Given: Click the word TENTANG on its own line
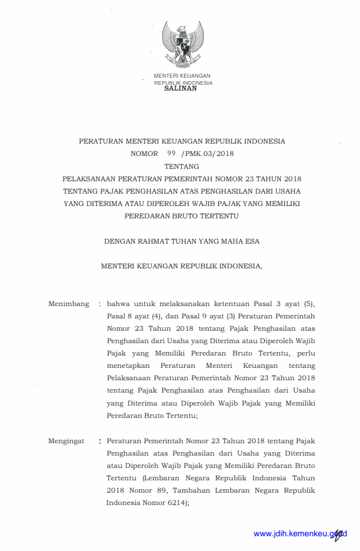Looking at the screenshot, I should [182, 166].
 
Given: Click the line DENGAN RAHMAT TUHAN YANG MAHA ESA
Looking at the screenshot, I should [182, 241].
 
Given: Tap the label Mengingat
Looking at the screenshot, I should [66, 440].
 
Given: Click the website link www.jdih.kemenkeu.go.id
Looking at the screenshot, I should [297, 533].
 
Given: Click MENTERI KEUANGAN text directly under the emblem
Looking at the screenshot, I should [182, 76].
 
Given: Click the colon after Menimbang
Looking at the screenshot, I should [100, 304].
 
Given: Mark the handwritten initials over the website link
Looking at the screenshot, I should [339, 533].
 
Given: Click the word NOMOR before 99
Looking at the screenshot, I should [144, 153].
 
